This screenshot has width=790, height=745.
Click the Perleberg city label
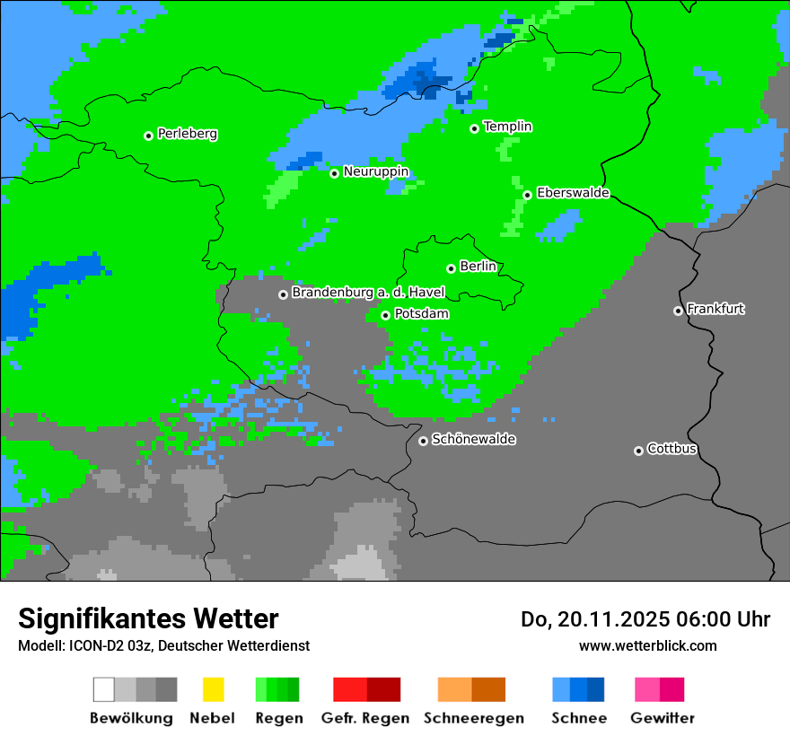point(187,134)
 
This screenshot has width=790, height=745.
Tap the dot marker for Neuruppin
point(334,173)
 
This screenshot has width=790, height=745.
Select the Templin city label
point(507,127)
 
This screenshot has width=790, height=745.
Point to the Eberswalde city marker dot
point(528,195)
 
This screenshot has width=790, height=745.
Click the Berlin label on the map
point(478,267)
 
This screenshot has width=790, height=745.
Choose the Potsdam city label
point(421,314)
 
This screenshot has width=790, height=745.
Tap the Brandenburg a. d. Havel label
point(368,293)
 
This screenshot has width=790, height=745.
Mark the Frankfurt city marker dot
point(678,311)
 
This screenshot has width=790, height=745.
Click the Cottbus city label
point(671,449)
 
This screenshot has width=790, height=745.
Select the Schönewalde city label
point(473,440)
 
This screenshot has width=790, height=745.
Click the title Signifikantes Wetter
point(148,618)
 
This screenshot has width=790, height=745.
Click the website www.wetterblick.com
point(647,645)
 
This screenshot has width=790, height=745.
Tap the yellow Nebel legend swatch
point(213,689)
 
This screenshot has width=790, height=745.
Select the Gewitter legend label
point(662,718)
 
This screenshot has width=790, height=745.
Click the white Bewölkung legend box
point(104,689)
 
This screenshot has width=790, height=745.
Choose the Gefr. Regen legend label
point(365,718)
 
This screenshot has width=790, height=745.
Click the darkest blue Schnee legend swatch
point(596,689)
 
